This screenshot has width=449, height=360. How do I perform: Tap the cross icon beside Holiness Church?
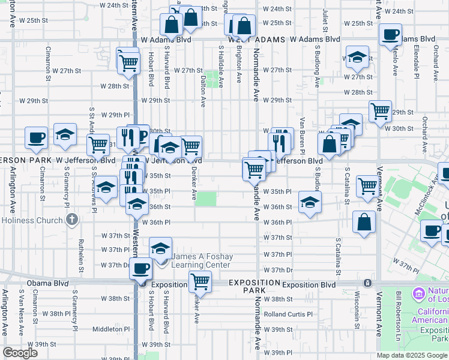point(73,220)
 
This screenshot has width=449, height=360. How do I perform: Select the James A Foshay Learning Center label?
point(200,260)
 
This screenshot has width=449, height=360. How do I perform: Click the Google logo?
point(20,353)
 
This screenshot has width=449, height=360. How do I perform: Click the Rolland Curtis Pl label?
point(289,314)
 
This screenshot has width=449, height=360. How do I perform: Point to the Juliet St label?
point(324,20)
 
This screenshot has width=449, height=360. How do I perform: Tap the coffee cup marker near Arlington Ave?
point(36,137)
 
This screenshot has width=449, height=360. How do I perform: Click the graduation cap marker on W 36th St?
point(310,202)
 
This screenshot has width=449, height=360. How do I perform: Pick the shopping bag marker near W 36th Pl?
point(364,222)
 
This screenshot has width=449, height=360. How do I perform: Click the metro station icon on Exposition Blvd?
point(366,283)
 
